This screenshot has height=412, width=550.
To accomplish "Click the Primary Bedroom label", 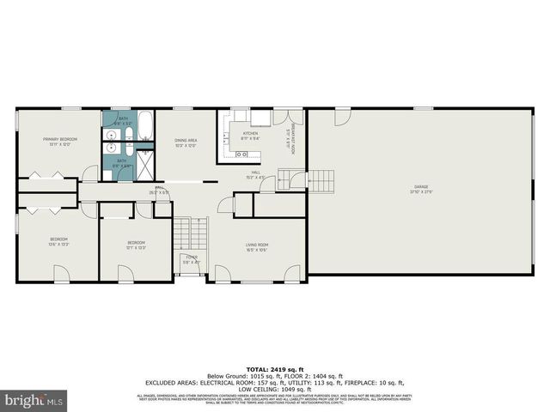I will pos(61,142).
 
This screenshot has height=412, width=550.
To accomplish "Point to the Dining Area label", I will pos(186,142).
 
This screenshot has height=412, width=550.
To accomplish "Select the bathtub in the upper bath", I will pos(145,127).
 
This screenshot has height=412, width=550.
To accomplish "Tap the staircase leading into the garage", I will pos(321,180).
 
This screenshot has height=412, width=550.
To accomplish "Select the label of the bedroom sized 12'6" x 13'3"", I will pos(58,241).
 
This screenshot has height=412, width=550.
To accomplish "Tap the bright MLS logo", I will pos(34,400).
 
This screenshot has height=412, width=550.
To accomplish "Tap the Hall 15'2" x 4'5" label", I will pos(256,175).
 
